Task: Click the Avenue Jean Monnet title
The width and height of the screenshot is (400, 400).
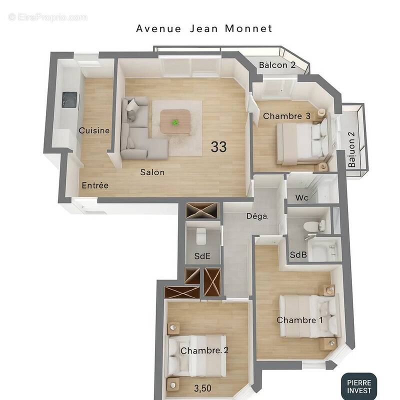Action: coord(204,28)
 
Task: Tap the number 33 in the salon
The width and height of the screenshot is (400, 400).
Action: coord(218,147)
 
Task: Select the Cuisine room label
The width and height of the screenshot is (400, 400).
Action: coord(94,130)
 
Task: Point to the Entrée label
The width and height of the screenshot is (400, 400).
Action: coord(95,185)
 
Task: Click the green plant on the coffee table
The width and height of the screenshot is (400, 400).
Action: coord(175,122)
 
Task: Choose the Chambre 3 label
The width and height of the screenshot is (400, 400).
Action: coord(287,116)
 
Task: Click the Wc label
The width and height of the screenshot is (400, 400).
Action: coord(301,198)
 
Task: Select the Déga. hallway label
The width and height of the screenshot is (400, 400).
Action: coord(257,216)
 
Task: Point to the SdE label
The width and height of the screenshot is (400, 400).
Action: coord(202,256)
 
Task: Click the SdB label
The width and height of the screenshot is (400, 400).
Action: coord(298,255)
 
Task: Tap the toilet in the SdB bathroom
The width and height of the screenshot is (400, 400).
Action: coord(313,226)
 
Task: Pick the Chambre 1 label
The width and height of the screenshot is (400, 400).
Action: coord(299,320)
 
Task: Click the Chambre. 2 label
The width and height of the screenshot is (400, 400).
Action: coord(204,350)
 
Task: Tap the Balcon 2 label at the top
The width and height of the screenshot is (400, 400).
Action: coord(277,65)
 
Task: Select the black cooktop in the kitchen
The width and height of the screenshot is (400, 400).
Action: coord(69,99)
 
